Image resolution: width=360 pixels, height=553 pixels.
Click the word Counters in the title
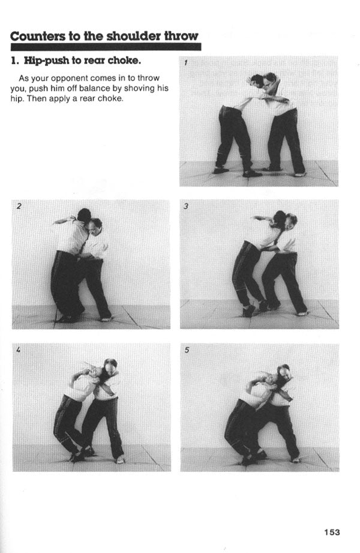(x=37, y=36)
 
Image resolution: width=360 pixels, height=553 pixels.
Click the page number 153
(x=332, y=532)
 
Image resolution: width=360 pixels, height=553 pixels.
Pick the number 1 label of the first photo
(x=185, y=63)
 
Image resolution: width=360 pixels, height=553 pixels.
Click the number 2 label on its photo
(x=19, y=206)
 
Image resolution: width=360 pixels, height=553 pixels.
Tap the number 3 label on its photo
(x=186, y=206)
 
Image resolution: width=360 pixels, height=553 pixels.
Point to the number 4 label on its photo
(x=19, y=349)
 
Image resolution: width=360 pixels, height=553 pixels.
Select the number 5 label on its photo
(x=187, y=350)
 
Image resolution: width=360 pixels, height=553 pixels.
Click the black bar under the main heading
(x=106, y=47)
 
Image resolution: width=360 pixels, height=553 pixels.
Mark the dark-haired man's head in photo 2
(x=84, y=215)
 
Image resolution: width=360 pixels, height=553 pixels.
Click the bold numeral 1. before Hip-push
(x=14, y=61)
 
